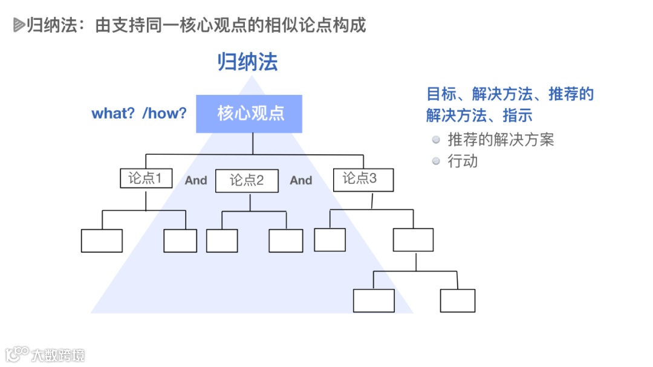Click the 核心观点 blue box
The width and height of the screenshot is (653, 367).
[249, 114]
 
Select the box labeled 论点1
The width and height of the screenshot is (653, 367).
[145, 178]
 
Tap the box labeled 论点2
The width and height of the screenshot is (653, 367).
[247, 180]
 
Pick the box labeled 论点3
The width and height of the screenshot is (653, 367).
[363, 179]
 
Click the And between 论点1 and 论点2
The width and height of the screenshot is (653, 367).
[196, 180]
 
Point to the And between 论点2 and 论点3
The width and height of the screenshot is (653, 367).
[301, 180]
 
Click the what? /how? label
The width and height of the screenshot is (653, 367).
[139, 114]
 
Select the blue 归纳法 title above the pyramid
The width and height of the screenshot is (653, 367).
[248, 62]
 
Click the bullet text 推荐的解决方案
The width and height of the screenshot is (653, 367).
[501, 140]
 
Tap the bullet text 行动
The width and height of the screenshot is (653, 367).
[463, 161]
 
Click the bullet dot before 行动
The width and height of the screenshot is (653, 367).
[436, 161]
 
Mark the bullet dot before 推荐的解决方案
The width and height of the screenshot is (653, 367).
[436, 140]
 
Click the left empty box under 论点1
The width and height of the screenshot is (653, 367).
[102, 241]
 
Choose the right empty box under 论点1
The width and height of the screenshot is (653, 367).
[180, 241]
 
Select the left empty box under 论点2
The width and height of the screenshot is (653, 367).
[222, 241]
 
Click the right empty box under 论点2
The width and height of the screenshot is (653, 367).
[285, 241]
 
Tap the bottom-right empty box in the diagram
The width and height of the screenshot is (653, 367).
[457, 300]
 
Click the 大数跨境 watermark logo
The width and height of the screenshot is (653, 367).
[45, 354]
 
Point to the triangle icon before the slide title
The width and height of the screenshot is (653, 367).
[18, 25]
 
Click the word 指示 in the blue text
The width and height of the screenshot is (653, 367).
[518, 115]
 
